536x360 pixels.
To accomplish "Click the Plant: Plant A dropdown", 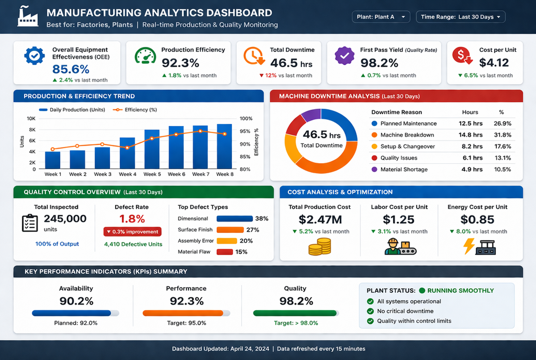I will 381,17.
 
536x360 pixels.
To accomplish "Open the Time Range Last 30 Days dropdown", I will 460,17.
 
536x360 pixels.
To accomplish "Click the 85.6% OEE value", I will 71,69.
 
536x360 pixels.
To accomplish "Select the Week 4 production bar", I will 127,153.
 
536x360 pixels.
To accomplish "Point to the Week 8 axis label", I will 225,174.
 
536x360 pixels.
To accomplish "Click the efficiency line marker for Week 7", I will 200,131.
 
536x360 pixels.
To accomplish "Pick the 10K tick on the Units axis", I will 31,118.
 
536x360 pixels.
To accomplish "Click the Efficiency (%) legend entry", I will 135,110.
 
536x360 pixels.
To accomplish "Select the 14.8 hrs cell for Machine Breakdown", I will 470,135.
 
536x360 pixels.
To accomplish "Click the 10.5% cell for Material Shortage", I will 502,169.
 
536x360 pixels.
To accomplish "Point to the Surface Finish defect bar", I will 230,230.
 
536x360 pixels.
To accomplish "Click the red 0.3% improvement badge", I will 132,232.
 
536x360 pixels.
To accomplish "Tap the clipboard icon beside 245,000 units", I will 30,223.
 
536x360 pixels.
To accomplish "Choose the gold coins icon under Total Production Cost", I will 320,246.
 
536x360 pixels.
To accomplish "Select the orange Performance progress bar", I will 183,313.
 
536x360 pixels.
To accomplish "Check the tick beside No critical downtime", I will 370,311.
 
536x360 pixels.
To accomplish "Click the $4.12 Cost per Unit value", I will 494,63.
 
